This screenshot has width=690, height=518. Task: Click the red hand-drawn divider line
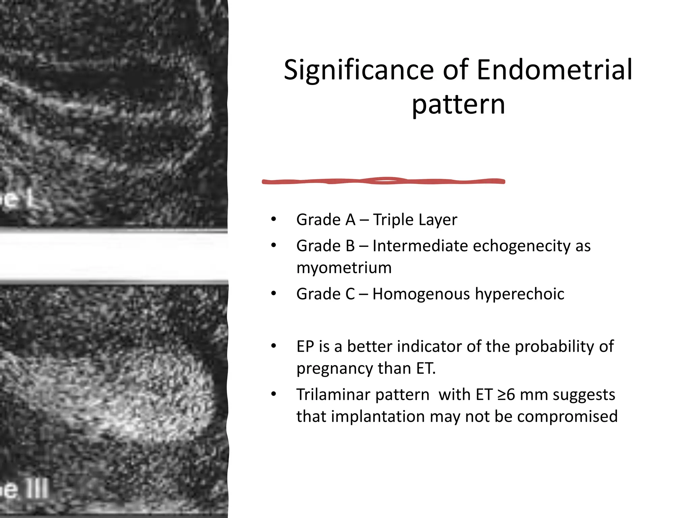click(x=383, y=181)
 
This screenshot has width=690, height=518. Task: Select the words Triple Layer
click(x=415, y=220)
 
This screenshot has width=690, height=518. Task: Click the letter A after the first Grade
click(x=350, y=220)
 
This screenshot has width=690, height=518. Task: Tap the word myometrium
click(x=344, y=268)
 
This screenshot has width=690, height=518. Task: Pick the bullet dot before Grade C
click(x=274, y=294)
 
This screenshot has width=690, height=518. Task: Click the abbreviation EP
click(x=305, y=347)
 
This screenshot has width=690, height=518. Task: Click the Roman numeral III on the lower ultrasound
click(x=38, y=489)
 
